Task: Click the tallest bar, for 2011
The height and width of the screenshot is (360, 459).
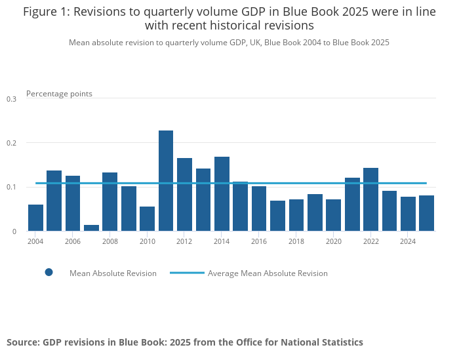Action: [x=166, y=181]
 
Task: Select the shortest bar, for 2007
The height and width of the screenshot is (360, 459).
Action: [x=91, y=228]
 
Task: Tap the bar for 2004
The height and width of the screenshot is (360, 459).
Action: [x=35, y=218]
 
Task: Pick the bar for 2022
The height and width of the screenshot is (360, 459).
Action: [x=370, y=199]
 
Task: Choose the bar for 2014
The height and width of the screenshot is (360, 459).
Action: [x=222, y=194]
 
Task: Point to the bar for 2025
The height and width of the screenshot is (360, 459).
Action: [x=426, y=213]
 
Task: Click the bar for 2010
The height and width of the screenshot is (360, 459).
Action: [x=147, y=219]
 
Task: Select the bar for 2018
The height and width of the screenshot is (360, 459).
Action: [x=296, y=215]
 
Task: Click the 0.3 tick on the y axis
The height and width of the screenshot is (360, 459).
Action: [x=11, y=99]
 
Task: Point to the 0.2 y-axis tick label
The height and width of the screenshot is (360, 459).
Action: [x=11, y=143]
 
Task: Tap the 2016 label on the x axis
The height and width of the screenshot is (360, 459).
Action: [x=259, y=241]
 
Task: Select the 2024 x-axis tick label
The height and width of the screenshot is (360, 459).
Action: [x=408, y=241]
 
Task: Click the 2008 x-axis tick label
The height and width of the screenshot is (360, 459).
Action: [x=110, y=241]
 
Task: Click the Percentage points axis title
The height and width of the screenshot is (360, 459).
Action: [x=59, y=94]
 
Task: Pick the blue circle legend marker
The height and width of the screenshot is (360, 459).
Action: [x=49, y=273]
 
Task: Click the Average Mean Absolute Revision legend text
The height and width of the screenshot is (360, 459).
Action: [x=268, y=273]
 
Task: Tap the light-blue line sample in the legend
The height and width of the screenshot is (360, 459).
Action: [x=187, y=273]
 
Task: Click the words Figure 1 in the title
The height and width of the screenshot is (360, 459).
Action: [x=47, y=12]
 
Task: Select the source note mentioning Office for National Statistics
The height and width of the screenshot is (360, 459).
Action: [x=185, y=342]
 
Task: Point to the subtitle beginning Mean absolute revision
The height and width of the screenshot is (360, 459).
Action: [x=229, y=43]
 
